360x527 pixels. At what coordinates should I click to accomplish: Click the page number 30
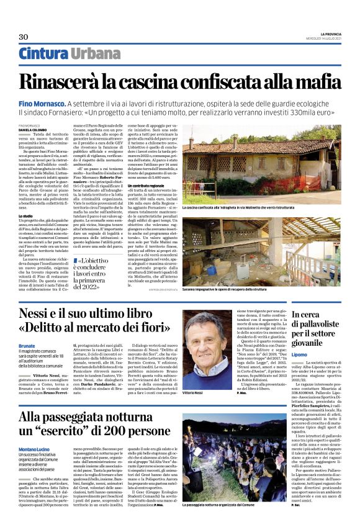24,37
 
